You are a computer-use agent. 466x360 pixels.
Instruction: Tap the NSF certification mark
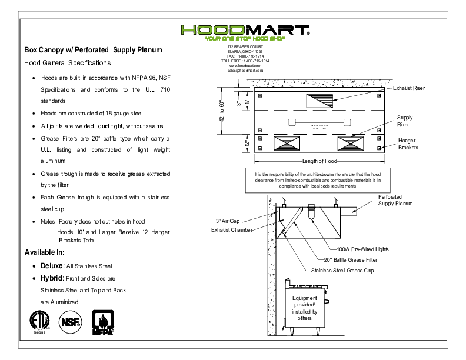click(69, 321)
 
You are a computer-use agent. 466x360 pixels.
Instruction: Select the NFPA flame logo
click(102, 321)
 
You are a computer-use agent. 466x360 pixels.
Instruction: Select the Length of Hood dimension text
click(318, 162)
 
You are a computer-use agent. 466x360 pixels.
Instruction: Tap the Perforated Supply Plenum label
click(395, 201)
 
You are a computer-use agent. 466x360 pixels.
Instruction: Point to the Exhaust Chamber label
click(232, 230)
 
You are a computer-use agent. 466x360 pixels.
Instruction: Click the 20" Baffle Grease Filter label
click(351, 259)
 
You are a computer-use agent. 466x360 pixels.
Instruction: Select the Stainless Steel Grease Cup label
click(342, 270)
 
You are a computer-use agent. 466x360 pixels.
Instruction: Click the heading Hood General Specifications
click(67, 62)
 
